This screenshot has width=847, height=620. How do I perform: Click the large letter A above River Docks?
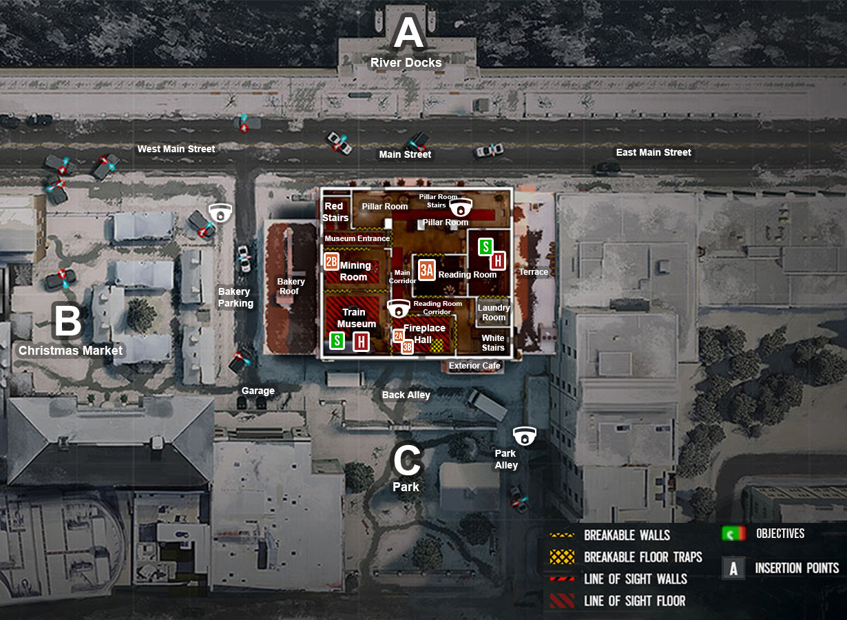point(408,34)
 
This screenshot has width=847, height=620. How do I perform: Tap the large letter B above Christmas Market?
point(67,321)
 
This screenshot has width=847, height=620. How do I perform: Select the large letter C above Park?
point(406,461)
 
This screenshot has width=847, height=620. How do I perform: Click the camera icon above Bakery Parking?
point(220,212)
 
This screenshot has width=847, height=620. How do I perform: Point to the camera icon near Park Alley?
point(524,435)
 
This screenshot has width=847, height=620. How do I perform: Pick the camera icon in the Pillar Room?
point(461,206)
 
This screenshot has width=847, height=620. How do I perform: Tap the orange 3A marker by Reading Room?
point(427,270)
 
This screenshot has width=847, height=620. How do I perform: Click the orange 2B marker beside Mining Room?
point(332,261)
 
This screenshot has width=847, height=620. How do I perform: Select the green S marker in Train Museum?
point(337,340)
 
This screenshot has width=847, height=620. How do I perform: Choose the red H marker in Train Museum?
point(361,341)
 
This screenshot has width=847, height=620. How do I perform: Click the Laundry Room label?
point(494,313)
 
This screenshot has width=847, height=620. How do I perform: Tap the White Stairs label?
point(493,342)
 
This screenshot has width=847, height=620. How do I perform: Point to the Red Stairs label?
point(334,211)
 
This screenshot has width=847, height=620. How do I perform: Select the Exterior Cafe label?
point(474,366)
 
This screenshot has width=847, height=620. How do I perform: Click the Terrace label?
point(534,272)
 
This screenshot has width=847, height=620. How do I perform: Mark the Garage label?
point(258,391)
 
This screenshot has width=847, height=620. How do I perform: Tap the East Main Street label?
point(653,152)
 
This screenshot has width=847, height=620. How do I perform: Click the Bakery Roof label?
point(291,287)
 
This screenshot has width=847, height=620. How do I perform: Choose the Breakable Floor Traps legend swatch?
point(563,557)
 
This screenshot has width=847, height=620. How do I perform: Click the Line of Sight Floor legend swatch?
point(563,601)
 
